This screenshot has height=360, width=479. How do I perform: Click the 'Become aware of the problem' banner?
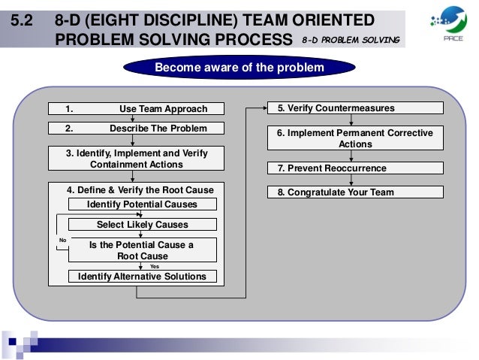click(x=239, y=68)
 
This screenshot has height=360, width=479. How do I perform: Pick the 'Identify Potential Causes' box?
click(x=142, y=204)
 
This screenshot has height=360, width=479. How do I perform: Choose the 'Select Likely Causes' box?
click(x=142, y=224)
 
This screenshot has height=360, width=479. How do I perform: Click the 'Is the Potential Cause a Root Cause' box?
click(x=142, y=250)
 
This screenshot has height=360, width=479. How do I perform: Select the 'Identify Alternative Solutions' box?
click(x=142, y=277)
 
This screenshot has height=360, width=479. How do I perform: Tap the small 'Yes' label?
click(x=154, y=266)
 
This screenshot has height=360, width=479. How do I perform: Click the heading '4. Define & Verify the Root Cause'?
click(x=140, y=189)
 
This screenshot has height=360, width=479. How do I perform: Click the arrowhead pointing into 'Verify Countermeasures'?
click(x=265, y=108)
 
